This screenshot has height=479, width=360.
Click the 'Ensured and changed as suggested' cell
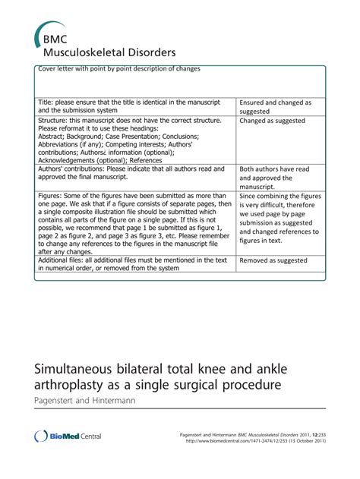click(275, 106)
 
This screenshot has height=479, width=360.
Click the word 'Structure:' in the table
click(54, 120)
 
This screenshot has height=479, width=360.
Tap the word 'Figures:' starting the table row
click(52, 196)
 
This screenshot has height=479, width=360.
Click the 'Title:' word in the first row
click(47, 102)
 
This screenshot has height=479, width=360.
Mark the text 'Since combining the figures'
click(279, 196)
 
